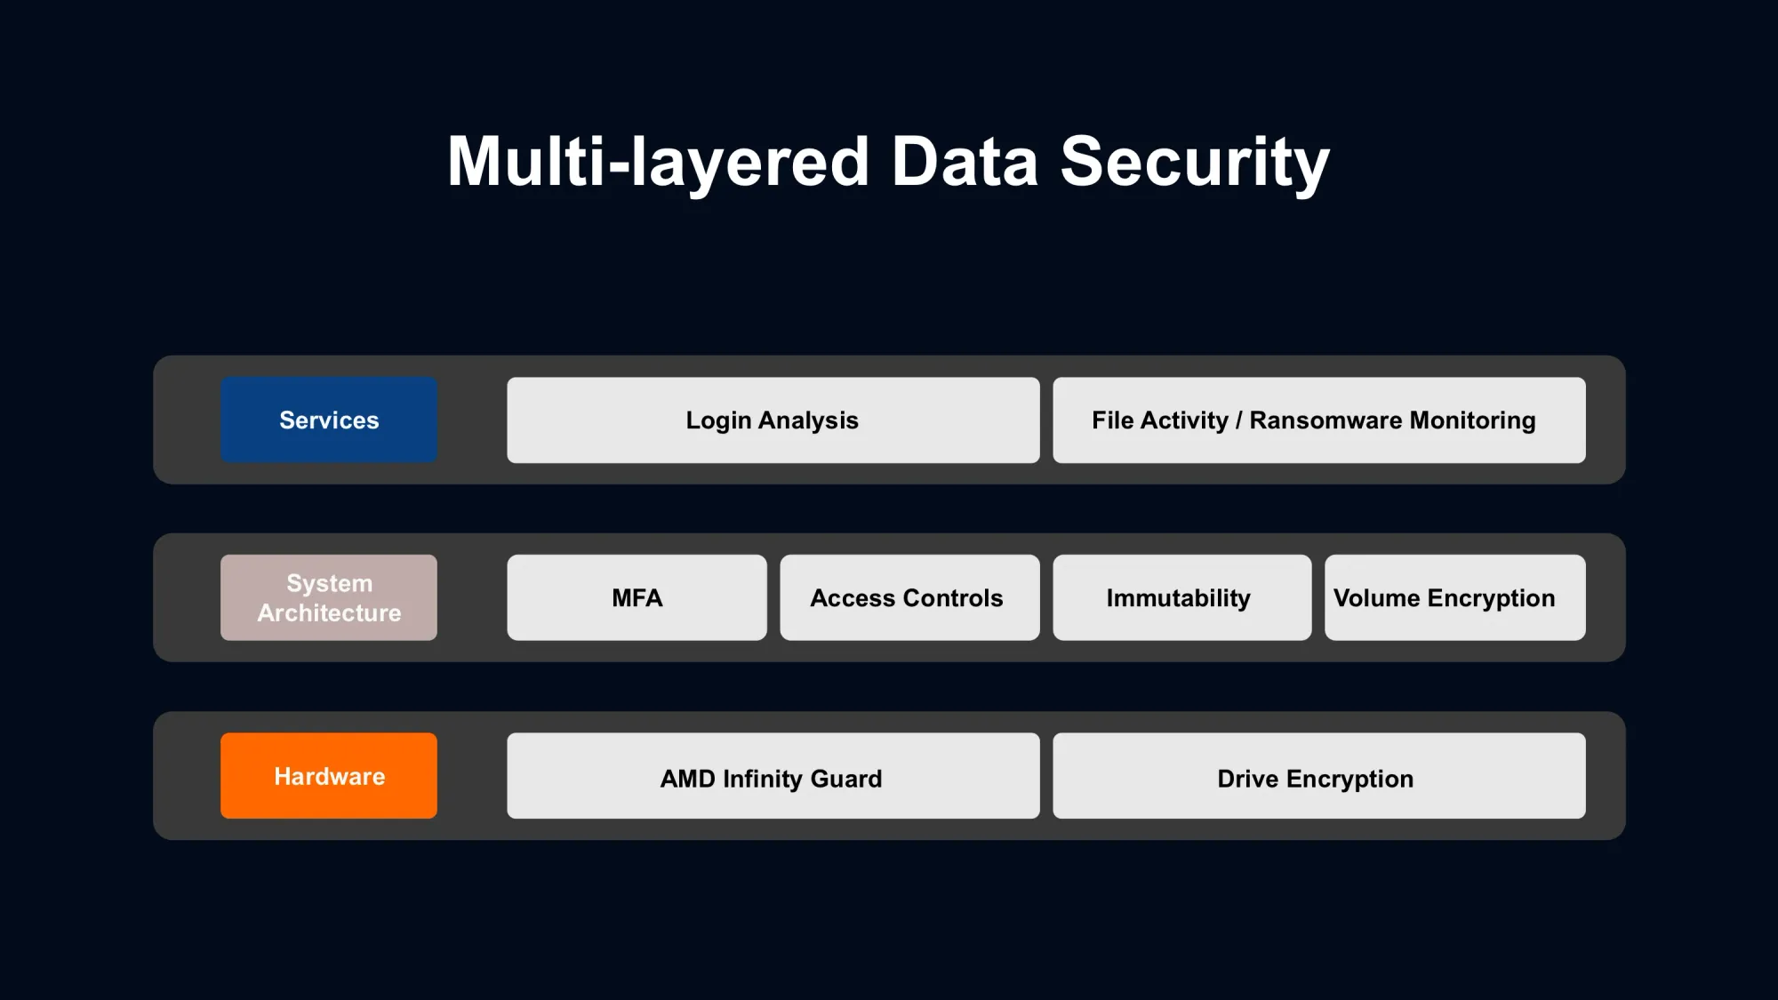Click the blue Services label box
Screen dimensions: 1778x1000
pos(329,420)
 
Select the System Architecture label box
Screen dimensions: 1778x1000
pos(329,597)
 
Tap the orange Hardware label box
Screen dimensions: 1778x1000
pos(329,775)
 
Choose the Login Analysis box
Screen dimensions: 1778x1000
pos(773,420)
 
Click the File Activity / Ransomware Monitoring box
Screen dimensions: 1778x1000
pos(1319,420)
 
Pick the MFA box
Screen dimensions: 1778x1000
pos(637,597)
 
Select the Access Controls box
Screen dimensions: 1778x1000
pos(909,597)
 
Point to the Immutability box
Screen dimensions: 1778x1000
pos(1182,597)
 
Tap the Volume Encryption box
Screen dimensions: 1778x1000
pos(1455,597)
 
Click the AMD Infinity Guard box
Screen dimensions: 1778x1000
pos(773,775)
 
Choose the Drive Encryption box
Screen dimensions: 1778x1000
pos(1319,775)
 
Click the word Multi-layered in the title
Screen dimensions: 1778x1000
pos(658,163)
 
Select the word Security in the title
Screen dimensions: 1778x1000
pos(1195,164)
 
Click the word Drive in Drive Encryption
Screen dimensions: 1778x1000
pos(1247,779)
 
